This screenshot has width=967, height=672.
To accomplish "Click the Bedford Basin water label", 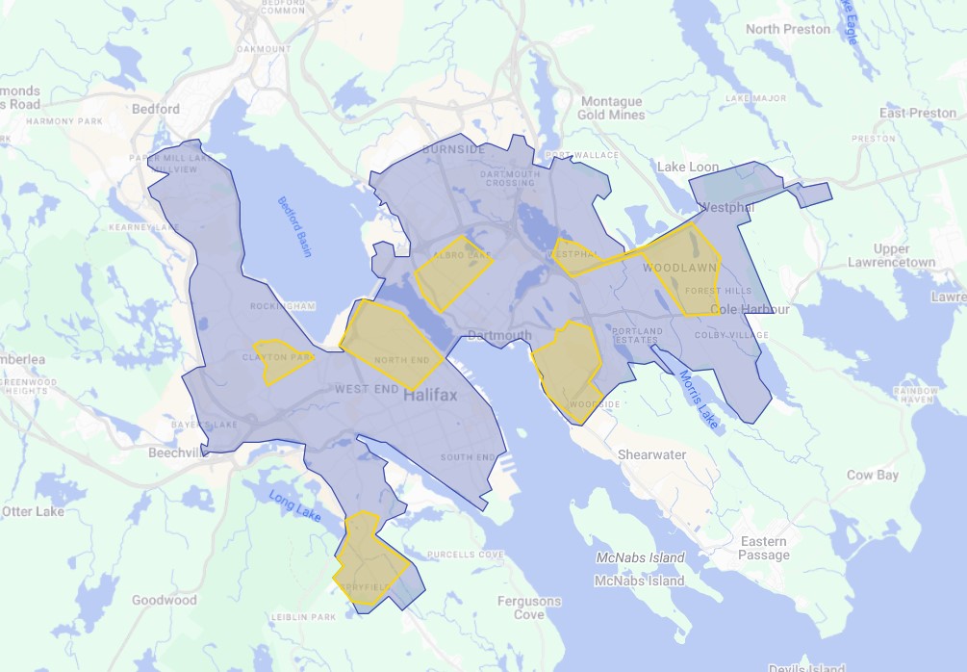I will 295,227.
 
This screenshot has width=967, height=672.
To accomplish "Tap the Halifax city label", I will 431,396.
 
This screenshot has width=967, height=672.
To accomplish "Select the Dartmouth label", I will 499,335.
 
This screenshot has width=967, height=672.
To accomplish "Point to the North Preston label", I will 787,29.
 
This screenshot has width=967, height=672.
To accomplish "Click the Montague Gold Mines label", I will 611,108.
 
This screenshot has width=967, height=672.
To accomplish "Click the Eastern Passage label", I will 764,549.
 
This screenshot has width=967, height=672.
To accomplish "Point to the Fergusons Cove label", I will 529,607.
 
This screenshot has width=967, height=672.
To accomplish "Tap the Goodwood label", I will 165,600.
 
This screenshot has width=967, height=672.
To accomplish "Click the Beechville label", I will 175,452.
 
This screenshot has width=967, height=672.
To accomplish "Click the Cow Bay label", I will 872,475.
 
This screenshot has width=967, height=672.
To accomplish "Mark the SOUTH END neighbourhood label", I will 468,457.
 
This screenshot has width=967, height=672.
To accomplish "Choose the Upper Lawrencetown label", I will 891,255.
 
